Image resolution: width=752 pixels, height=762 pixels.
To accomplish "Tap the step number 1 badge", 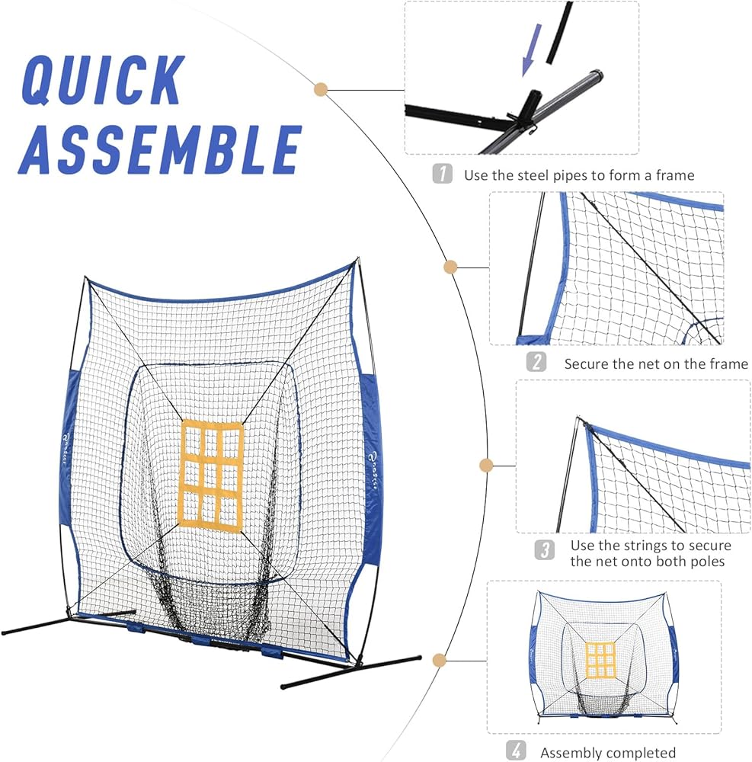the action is pos(443,174).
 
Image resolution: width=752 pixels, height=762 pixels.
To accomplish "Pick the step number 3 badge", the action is pos(544,550).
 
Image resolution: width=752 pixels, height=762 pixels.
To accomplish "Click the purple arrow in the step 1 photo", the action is pos(532,50).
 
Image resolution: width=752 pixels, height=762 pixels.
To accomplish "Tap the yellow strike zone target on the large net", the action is pos(211,473).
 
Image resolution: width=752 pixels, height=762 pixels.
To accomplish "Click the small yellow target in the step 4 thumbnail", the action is pos(600,661).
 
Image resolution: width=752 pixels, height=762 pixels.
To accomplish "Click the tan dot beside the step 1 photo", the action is pos(321,89).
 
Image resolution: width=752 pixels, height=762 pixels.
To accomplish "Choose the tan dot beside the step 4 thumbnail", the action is pos(438,660).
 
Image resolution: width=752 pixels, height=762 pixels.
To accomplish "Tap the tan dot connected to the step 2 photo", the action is pos(450,267).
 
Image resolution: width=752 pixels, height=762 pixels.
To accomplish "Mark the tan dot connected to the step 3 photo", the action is pos(485,465).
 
